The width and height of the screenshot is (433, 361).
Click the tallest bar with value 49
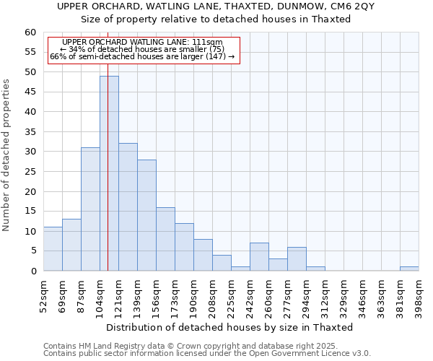click(x=109, y=173)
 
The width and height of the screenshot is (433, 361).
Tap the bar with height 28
click(x=146, y=215)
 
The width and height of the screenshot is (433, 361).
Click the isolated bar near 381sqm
click(x=409, y=269)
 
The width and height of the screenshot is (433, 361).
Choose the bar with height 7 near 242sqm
click(x=259, y=257)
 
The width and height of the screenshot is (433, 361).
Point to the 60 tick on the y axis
click(x=30, y=32)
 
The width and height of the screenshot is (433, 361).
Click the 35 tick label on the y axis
click(x=30, y=132)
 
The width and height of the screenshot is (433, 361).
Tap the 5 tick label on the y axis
click(x=32, y=251)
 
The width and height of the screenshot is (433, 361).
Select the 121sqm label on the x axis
click(x=119, y=295)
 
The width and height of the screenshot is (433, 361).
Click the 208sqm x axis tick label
click(x=213, y=295)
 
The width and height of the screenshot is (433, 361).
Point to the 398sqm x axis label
click(x=419, y=295)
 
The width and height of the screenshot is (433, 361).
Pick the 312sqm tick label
click(x=325, y=295)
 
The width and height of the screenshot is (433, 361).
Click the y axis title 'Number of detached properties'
click(x=7, y=155)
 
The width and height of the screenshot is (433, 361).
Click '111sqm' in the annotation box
click(x=208, y=43)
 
